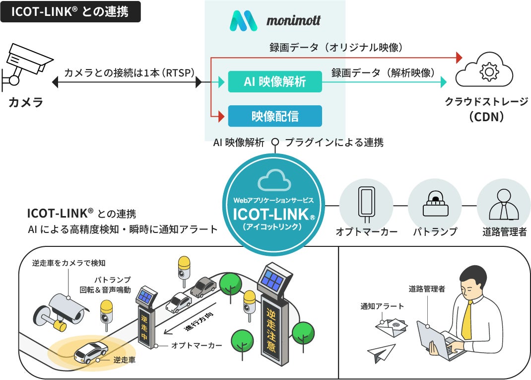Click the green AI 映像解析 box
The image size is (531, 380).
click(275, 82)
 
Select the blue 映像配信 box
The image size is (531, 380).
click(275, 116)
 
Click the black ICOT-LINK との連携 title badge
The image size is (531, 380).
click(70, 12)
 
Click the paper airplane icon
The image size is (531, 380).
click(381, 353)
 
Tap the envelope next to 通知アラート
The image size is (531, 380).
click(392, 325)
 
